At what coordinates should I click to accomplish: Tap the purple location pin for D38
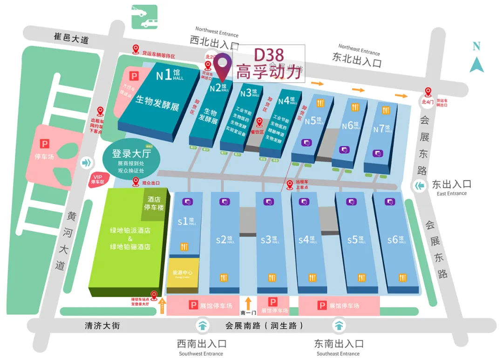[x=225, y=66]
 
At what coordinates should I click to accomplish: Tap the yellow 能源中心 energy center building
[x=183, y=275]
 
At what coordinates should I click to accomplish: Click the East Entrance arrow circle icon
[x=420, y=186]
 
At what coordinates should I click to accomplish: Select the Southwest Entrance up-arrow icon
[x=203, y=325]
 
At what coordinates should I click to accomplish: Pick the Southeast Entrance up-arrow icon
[x=339, y=325]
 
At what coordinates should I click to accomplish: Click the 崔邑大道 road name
[x=71, y=38]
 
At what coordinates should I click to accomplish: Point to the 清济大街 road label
[x=102, y=326]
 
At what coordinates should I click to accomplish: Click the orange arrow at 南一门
[x=248, y=303]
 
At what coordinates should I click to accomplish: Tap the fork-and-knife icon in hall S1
[x=184, y=247]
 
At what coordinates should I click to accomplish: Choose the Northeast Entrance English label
[x=359, y=49]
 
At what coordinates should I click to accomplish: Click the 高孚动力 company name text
[x=269, y=72]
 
